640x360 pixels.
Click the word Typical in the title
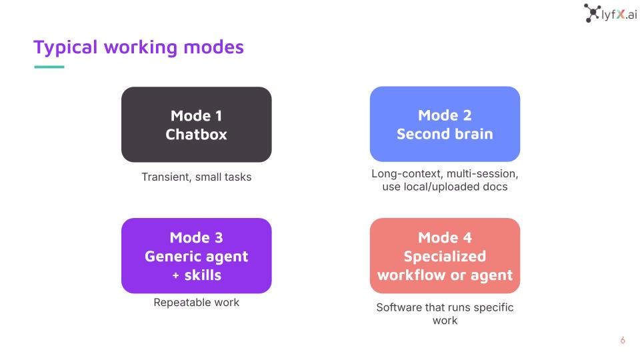pos(65,48)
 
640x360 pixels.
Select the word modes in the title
pos(213,47)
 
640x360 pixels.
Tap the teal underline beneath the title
pos(49,67)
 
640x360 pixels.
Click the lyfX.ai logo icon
pos(592,13)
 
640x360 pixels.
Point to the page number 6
pos(623,340)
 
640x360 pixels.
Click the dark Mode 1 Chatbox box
pos(196,125)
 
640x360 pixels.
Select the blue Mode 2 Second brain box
pos(445,124)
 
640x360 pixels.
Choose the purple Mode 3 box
pos(196,255)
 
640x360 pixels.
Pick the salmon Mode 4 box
pos(445,255)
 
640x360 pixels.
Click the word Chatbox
pos(196,134)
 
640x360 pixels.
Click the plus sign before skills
pos(175,276)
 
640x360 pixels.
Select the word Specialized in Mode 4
pos(445,257)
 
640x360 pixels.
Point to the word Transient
pos(166,177)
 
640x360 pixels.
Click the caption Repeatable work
pos(196,303)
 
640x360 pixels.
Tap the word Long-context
pos(407,174)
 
